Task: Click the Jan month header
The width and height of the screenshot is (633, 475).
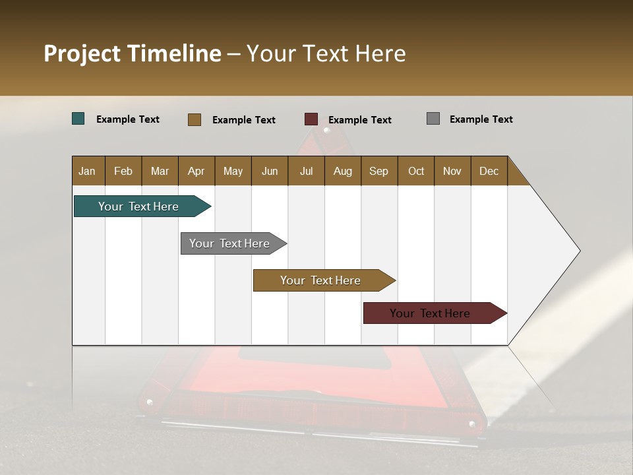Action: point(87,171)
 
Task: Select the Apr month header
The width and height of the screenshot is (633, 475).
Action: point(196,171)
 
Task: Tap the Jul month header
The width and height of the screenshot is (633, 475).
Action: point(306,171)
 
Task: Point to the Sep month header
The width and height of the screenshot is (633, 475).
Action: point(378,171)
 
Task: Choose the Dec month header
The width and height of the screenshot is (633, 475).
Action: point(489,171)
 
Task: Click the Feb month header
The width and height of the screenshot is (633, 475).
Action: point(123,171)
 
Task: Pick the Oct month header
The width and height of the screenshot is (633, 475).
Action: point(416,171)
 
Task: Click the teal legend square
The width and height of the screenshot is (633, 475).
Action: point(78,119)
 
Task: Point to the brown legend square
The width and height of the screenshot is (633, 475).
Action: point(195,119)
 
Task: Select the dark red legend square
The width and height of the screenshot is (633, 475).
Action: point(311,119)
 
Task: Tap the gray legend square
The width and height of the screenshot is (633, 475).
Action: point(433,119)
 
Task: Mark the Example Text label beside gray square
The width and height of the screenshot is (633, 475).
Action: point(481,119)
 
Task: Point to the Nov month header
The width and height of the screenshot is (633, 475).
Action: point(452,171)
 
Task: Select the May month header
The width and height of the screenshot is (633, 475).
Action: point(233,171)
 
